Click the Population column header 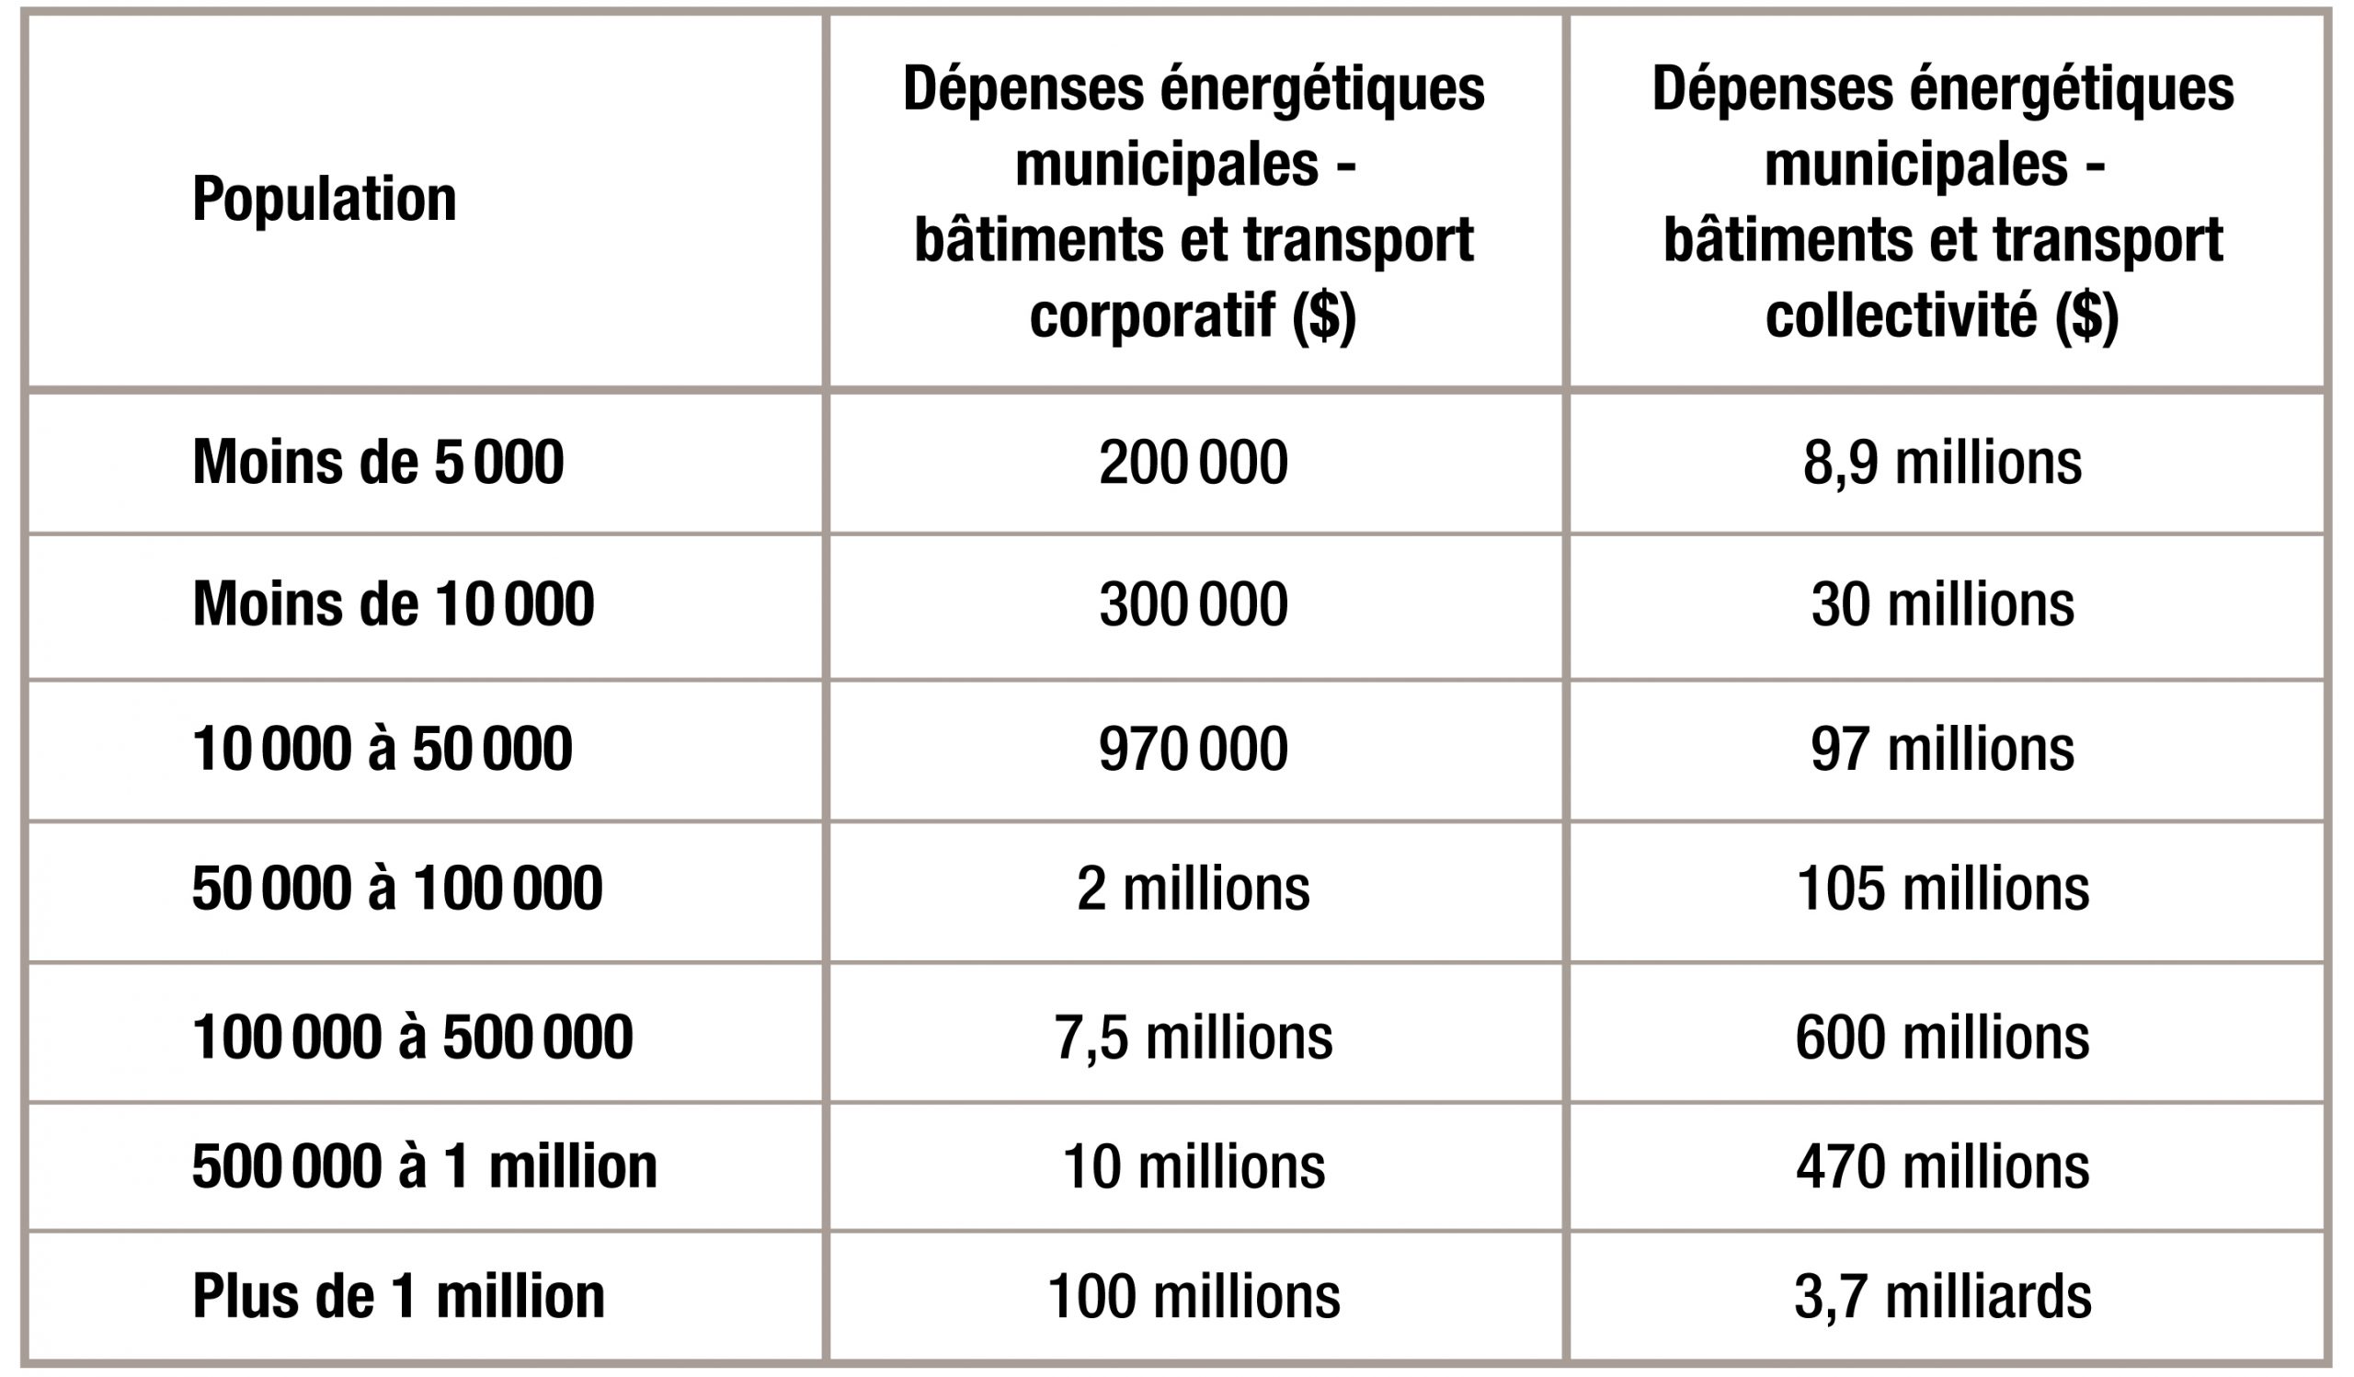pyautogui.click(x=325, y=200)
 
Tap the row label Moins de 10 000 pyautogui.click(x=394, y=603)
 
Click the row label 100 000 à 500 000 pyautogui.click(x=412, y=1036)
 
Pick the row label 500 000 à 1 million pyautogui.click(x=425, y=1165)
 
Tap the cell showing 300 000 pyautogui.click(x=1194, y=603)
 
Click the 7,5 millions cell pyautogui.click(x=1194, y=1036)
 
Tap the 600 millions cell pyautogui.click(x=1943, y=1036)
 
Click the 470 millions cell pyautogui.click(x=1943, y=1165)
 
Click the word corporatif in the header pyautogui.click(x=1153, y=316)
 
